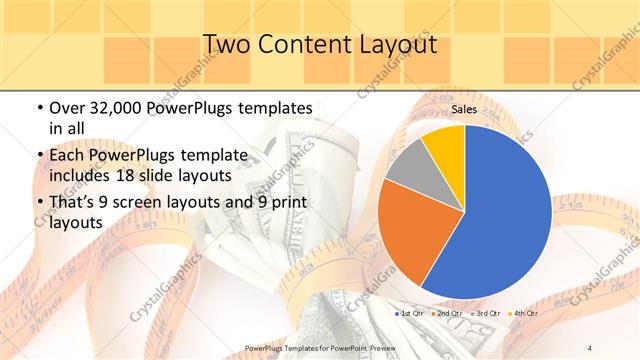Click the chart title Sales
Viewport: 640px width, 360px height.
pos(463,109)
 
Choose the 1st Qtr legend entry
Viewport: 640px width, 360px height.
pos(410,314)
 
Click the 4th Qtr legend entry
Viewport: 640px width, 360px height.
pos(526,314)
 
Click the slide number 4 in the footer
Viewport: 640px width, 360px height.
pos(590,347)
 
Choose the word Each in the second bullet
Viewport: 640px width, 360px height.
pos(68,157)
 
